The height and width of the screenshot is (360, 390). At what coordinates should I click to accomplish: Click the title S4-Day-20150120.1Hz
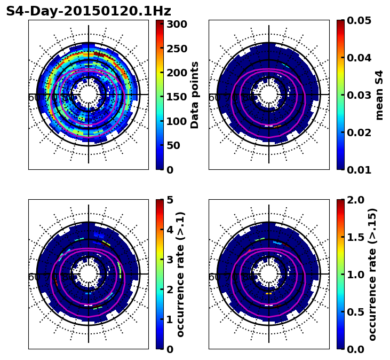tap(89, 11)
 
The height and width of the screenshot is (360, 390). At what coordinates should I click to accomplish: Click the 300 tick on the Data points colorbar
tap(176, 24)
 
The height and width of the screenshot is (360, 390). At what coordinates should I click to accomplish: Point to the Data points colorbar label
tap(195, 95)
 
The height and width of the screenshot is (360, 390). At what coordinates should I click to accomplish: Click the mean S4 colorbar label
tap(379, 95)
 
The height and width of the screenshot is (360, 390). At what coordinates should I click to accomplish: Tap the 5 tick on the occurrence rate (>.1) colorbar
tap(170, 200)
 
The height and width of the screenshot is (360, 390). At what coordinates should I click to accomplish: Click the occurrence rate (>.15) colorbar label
tap(372, 274)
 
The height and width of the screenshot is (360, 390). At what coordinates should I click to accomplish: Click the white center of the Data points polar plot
tap(89, 95)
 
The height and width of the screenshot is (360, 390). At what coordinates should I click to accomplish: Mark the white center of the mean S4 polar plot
tap(269, 95)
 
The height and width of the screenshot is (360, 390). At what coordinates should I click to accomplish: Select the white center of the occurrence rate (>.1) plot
tap(89, 274)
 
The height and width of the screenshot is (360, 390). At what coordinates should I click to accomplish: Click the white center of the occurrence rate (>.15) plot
tap(269, 274)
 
